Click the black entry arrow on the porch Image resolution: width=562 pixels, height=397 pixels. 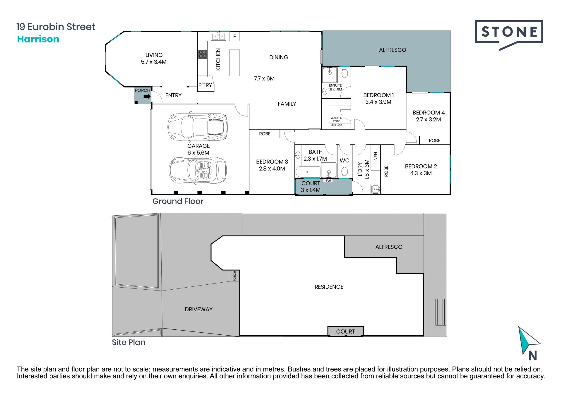coord(147,96)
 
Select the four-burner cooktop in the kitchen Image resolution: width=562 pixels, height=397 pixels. coord(203,54)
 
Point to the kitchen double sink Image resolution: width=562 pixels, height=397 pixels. coord(219,37)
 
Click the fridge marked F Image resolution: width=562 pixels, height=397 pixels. coord(234,37)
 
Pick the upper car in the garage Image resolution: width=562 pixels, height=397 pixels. coord(198,126)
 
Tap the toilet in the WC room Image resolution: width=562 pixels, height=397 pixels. coord(345,172)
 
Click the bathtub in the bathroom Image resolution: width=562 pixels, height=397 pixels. coord(308,172)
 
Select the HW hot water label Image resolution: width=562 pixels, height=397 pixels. coord(328,181)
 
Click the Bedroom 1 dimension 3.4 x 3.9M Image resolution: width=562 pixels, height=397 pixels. coord(378,102)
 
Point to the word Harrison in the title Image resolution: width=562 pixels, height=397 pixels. coord(38,39)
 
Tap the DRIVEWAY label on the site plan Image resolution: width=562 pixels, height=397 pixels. coord(198,309)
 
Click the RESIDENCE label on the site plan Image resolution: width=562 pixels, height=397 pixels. coord(329,287)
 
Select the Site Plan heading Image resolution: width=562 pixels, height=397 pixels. coord(128,342)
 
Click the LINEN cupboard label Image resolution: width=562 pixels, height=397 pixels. coord(376,158)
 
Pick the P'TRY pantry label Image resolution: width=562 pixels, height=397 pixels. coord(205,85)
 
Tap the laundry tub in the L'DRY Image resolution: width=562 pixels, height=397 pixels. coord(376,189)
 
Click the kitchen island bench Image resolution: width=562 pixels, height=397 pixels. coord(234,63)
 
